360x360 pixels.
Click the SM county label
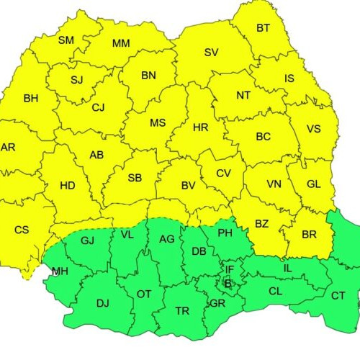click(x=66, y=40)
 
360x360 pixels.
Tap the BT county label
click(x=264, y=28)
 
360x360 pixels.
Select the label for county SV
click(x=211, y=52)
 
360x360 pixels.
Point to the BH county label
click(x=31, y=98)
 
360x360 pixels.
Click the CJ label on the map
click(x=99, y=107)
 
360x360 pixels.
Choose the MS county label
click(x=158, y=122)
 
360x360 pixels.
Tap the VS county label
click(x=313, y=129)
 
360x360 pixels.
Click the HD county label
click(x=67, y=185)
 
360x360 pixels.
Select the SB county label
click(x=135, y=178)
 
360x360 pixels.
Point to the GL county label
click(x=313, y=184)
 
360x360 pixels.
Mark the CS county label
click(x=22, y=230)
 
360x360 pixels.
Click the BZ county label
click(x=261, y=224)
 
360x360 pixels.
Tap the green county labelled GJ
click(x=88, y=240)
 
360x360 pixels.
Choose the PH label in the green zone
click(x=225, y=233)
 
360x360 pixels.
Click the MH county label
click(x=60, y=272)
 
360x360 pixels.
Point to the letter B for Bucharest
click(x=228, y=284)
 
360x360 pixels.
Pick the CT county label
click(x=338, y=295)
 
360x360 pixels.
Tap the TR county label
click(x=182, y=311)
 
